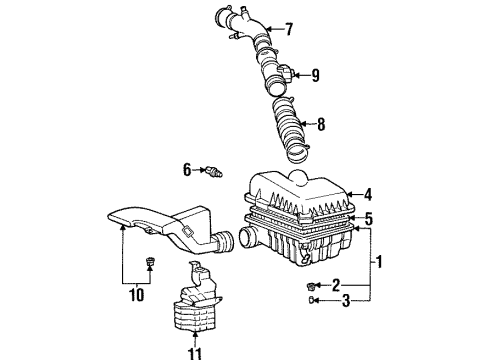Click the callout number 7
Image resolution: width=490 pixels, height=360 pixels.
(x=289, y=29)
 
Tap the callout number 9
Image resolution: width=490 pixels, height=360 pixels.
(x=315, y=75)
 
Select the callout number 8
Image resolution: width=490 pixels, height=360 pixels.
(x=321, y=124)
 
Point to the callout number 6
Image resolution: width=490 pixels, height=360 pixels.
(x=187, y=170)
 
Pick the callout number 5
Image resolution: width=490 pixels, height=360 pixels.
(x=368, y=219)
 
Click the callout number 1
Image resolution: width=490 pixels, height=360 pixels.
(x=379, y=262)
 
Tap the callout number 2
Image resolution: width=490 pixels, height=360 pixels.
(x=336, y=285)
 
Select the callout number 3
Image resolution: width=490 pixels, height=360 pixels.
(x=346, y=301)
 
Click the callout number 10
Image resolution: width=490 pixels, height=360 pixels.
(x=137, y=295)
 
